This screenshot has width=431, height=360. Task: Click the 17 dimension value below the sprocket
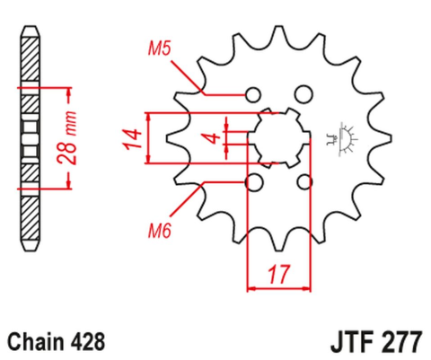(277, 272)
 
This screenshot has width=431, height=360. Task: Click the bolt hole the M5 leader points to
(253, 93)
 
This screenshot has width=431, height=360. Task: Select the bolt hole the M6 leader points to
(253, 182)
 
